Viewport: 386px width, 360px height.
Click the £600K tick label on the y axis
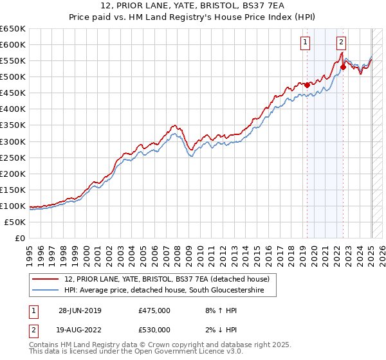[14, 45]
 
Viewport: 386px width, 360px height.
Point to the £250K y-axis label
[14, 157]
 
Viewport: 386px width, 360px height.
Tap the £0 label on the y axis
[19, 238]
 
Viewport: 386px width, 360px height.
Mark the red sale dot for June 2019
[307, 84]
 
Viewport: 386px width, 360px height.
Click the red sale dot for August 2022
[343, 67]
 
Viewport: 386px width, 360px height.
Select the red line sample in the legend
[46, 278]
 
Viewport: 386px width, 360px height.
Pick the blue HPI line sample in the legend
[46, 291]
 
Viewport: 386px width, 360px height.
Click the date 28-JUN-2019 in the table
[80, 310]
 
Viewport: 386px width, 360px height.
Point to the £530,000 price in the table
[154, 330]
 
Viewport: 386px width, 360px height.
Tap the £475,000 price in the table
[154, 310]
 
